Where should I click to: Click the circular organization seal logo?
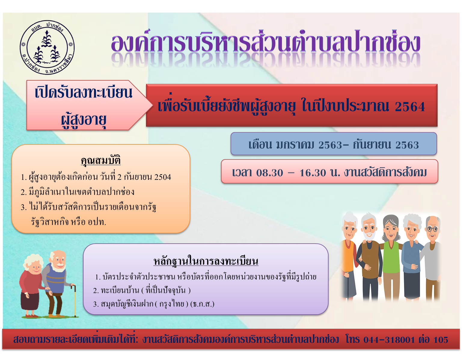[x=47, y=47]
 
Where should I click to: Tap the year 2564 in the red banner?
[x=410, y=106]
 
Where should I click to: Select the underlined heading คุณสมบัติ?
[x=101, y=160]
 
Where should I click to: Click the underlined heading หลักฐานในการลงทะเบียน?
[x=206, y=261]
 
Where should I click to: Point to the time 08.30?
[x=269, y=173]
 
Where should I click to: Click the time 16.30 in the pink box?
[x=313, y=173]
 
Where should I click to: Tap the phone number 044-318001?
[x=389, y=340]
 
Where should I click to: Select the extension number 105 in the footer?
[x=441, y=340]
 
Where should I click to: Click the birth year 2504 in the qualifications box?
[x=163, y=177]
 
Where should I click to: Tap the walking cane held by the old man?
[x=75, y=300]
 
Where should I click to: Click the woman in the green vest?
[x=391, y=258]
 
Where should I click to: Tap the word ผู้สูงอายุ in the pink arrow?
[x=83, y=120]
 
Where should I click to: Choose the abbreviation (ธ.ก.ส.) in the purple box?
[x=202, y=304]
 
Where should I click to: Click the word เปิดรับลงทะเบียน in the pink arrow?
[x=84, y=93]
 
